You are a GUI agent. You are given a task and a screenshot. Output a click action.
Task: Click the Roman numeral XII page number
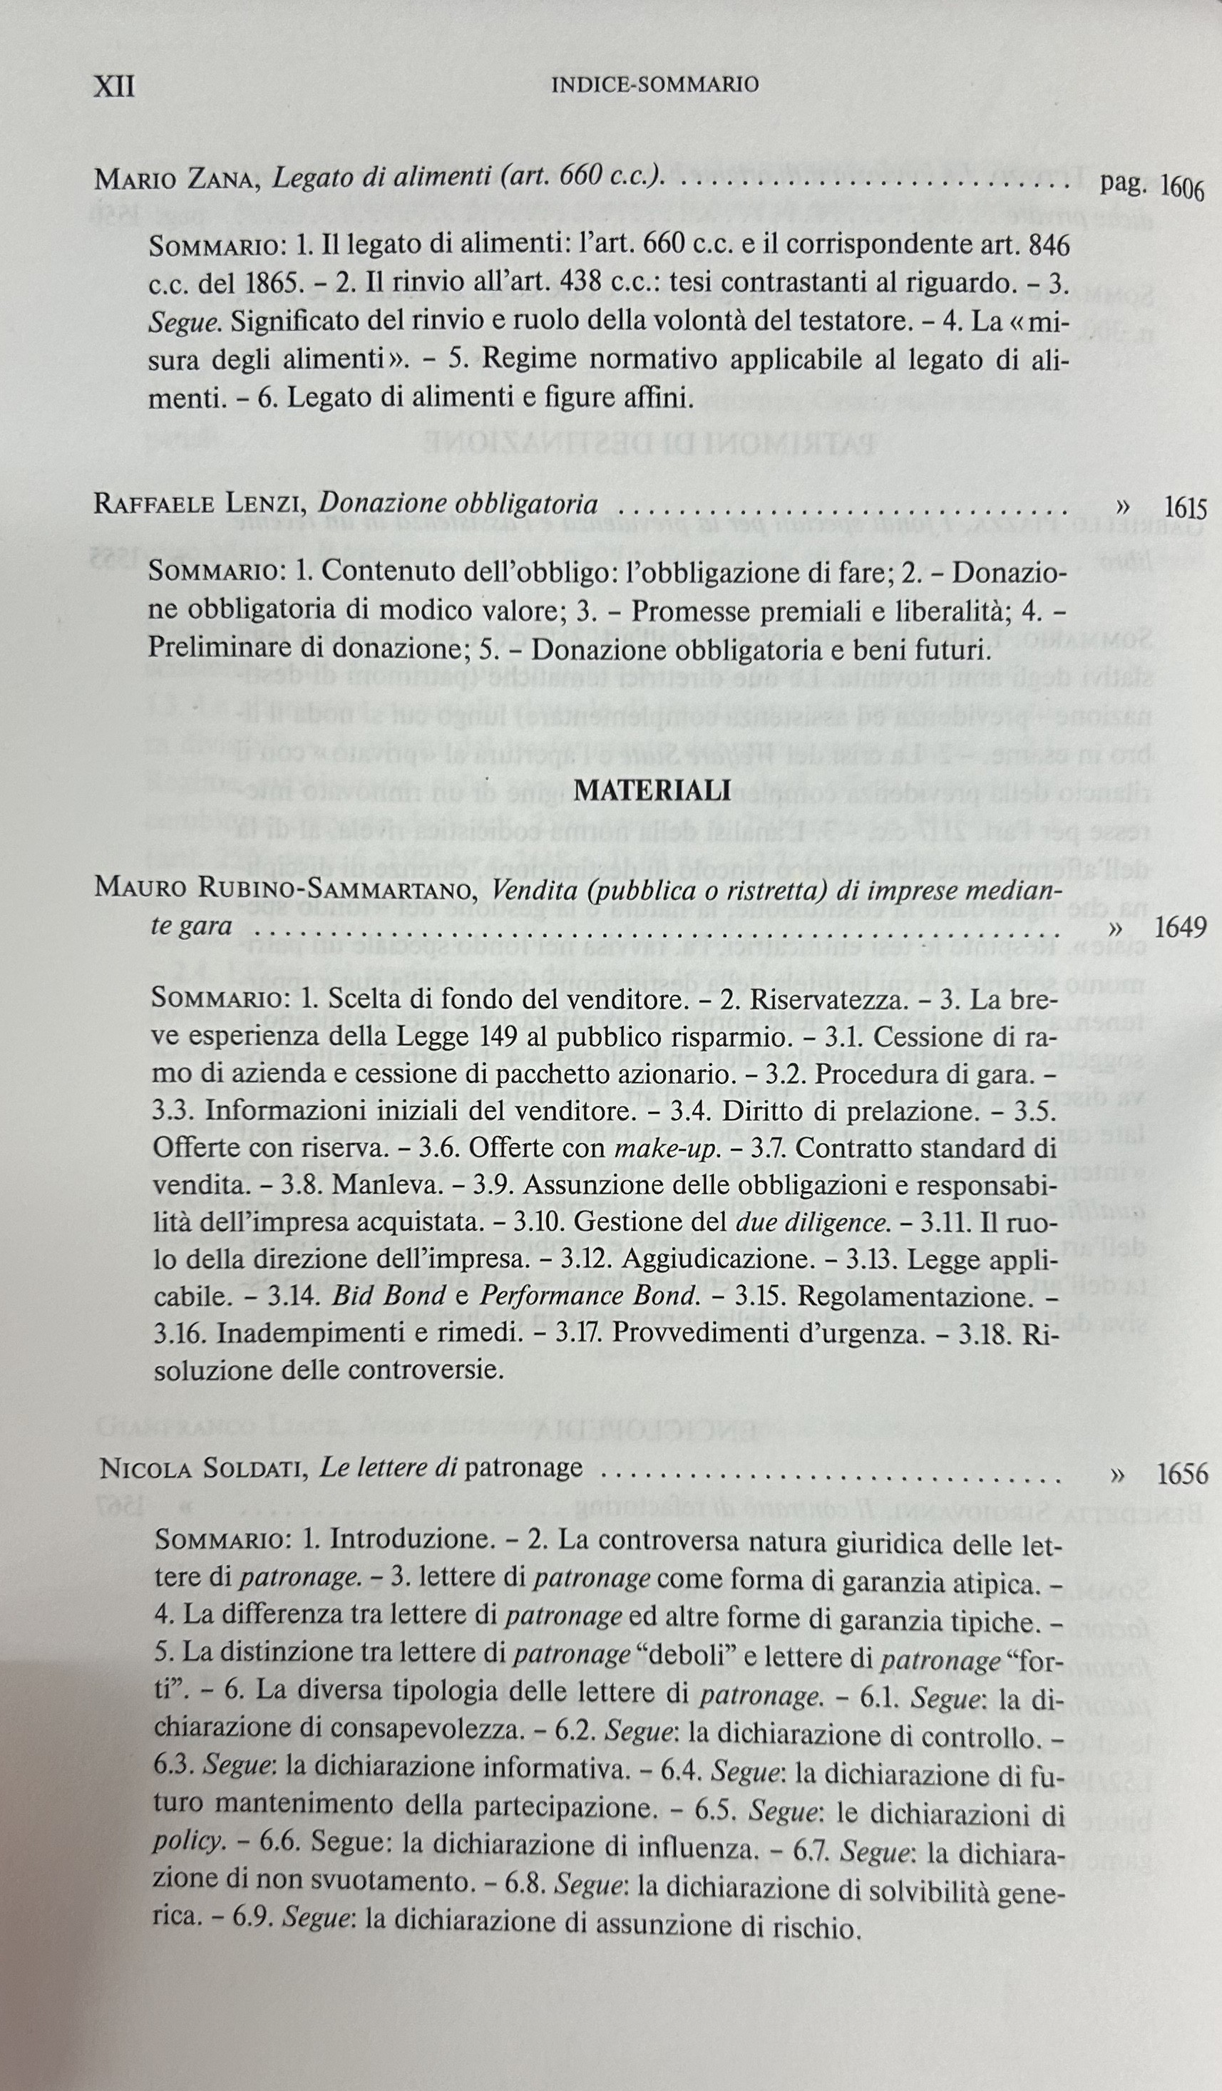point(115,86)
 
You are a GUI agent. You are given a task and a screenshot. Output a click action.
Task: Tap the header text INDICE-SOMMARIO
point(655,85)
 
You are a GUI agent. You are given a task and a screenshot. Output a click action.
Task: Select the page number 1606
point(1181,188)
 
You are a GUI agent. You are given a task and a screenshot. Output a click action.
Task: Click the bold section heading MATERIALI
point(652,790)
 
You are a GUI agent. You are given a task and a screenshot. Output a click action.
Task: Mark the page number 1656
point(1182,1474)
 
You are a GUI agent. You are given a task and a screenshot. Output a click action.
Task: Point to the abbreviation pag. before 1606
point(1122,183)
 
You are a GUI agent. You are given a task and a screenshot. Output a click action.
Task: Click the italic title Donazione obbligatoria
point(459,504)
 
